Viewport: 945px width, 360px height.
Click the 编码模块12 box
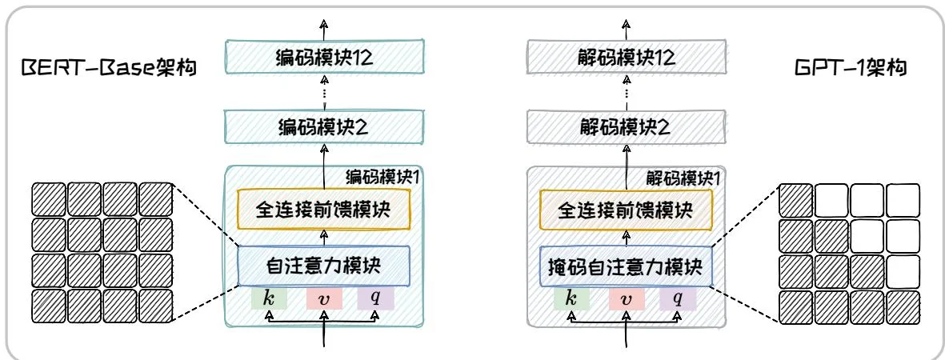click(x=324, y=58)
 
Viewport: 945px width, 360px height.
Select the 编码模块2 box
click(x=324, y=126)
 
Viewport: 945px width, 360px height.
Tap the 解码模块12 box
click(x=627, y=58)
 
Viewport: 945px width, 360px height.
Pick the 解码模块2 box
click(x=627, y=126)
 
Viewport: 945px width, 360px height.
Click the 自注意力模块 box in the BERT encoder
click(x=324, y=266)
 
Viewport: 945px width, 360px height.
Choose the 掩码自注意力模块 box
click(x=627, y=266)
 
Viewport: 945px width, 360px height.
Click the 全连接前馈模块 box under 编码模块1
click(x=324, y=209)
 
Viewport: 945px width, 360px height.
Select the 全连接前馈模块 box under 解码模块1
click(x=627, y=209)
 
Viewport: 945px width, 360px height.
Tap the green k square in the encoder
click(x=269, y=298)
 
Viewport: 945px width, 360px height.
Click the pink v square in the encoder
click(x=324, y=298)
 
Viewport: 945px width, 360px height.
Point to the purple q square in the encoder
click(x=376, y=298)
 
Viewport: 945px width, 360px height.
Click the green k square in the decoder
click(x=571, y=298)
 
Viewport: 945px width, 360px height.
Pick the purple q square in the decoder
click(x=678, y=298)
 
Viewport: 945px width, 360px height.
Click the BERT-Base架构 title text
click(x=110, y=70)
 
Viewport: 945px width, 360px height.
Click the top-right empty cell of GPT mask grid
click(x=903, y=198)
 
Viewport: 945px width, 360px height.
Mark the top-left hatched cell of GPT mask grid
click(x=795, y=198)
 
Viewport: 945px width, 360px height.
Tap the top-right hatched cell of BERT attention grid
click(x=156, y=198)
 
